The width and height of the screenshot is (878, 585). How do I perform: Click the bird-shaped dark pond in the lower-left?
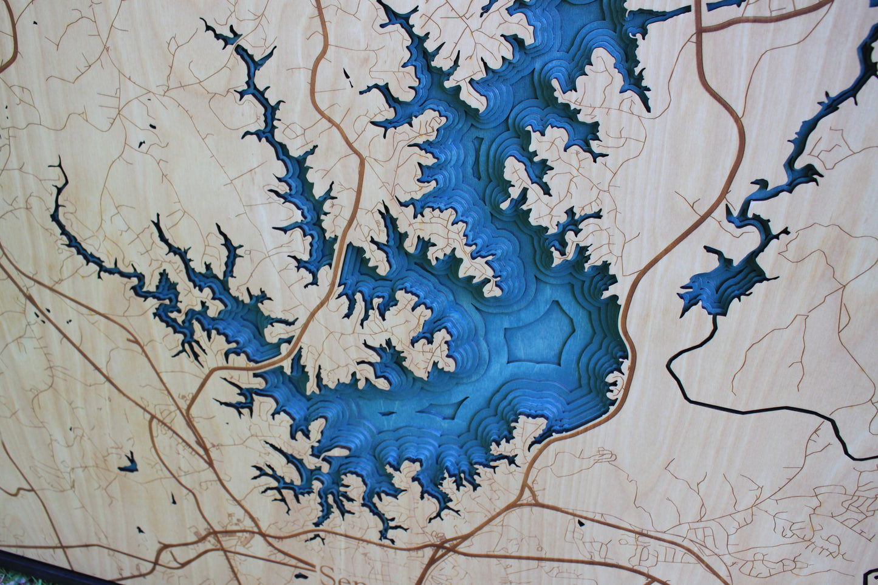128,465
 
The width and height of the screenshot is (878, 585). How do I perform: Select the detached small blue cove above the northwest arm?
222,36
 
